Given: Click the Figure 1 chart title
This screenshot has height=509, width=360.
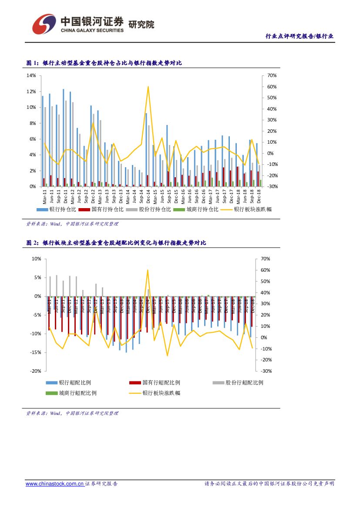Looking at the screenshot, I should click(x=104, y=63).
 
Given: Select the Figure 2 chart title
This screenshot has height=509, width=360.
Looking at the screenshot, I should click(x=116, y=243).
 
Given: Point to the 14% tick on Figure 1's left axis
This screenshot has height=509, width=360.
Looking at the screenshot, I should click(x=31, y=76).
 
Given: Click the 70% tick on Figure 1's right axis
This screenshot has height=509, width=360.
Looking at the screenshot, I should click(x=272, y=76).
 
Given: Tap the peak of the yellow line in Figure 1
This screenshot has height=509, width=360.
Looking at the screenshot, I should click(x=148, y=86).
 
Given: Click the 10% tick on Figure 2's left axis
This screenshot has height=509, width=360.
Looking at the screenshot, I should click(x=36, y=259).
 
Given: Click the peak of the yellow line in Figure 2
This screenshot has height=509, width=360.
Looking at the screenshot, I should click(x=148, y=270).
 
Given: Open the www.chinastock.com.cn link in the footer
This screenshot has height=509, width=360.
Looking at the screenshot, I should click(x=54, y=484).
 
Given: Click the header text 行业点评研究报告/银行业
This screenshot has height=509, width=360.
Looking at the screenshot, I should click(x=299, y=36).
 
